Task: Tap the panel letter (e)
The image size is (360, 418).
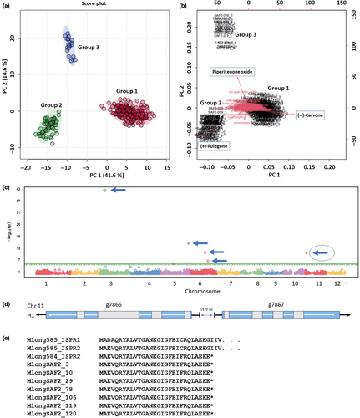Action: click(7, 339)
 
